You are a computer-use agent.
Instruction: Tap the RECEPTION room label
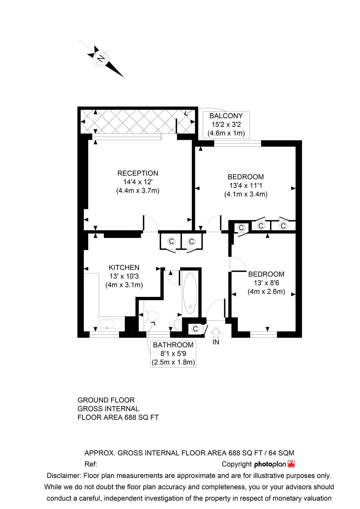coord(138,173)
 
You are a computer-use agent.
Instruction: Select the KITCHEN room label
coord(124,267)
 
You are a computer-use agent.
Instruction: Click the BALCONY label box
coord(226,125)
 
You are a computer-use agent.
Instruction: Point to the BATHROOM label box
coord(173,354)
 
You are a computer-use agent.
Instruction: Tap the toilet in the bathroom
coord(151,316)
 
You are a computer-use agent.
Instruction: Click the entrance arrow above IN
coord(216,332)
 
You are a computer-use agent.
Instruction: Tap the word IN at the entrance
coord(216,342)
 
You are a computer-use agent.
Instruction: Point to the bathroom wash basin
coord(177,324)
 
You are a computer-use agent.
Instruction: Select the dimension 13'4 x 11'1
coord(246,186)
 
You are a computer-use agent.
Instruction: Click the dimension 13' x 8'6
coord(266,283)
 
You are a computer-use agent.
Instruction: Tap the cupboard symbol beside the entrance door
coord(195,329)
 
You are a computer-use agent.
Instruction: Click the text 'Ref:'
coord(91,464)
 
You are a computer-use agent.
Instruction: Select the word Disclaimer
coord(64,476)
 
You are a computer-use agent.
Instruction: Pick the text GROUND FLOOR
coord(106,400)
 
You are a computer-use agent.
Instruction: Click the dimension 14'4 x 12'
coord(138,182)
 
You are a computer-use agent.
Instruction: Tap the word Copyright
coord(236,464)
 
